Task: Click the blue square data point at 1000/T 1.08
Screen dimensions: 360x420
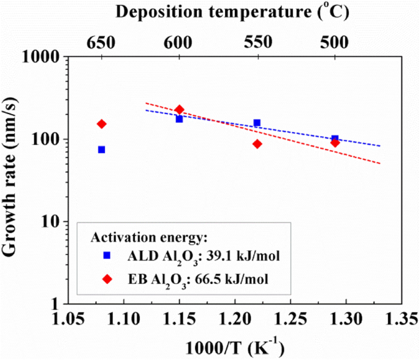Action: tap(102, 150)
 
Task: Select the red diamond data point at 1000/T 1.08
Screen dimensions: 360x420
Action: tap(102, 124)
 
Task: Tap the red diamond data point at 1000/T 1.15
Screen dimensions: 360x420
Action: tap(180, 110)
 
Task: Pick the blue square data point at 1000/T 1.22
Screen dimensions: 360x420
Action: tap(257, 123)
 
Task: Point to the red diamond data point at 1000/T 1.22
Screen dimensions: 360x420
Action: tap(258, 144)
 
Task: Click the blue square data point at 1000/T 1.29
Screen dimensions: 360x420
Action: tap(335, 139)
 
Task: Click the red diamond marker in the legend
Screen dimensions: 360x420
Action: tap(107, 278)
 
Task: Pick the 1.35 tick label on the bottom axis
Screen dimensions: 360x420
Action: tap(402, 319)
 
